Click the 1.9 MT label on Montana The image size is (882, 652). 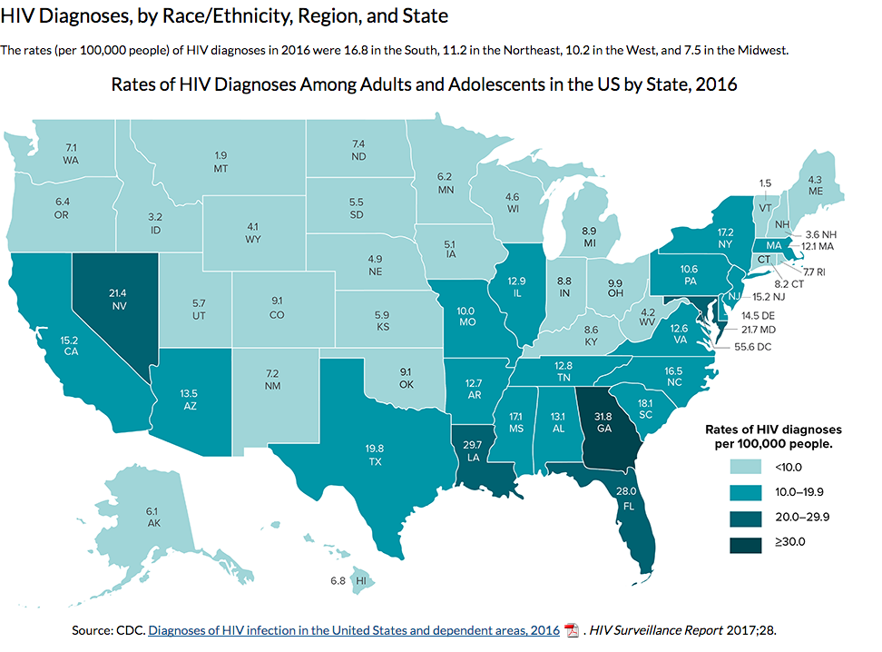(220, 162)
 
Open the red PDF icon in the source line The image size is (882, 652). (572, 630)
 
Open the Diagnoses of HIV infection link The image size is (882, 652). (354, 630)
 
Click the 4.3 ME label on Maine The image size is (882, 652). (815, 185)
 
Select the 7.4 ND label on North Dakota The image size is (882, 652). (358, 150)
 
